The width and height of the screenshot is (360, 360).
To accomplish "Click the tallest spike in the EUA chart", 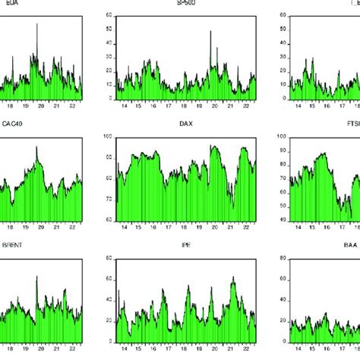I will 36,24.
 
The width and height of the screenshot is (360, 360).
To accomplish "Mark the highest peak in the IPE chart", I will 233,278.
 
